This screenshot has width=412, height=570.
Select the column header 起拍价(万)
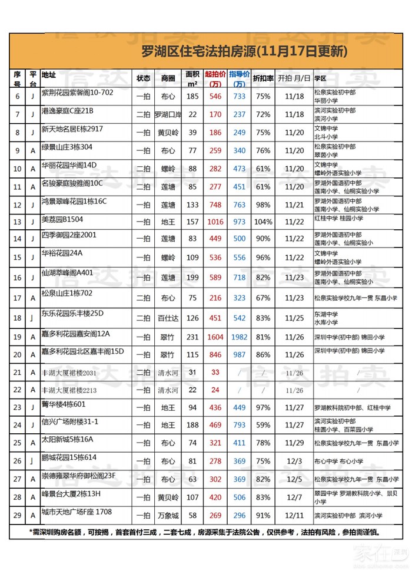coord(215,78)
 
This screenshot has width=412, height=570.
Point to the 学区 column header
coord(321,78)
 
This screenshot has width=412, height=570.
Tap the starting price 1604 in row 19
coord(215,337)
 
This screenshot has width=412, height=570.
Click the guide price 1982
coord(239,337)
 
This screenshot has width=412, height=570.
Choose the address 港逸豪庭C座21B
coord(68,111)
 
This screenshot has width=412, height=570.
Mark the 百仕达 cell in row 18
coord(168,318)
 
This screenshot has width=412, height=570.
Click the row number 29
coord(17,516)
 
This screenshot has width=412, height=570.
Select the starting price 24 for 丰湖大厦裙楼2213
coord(215,390)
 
